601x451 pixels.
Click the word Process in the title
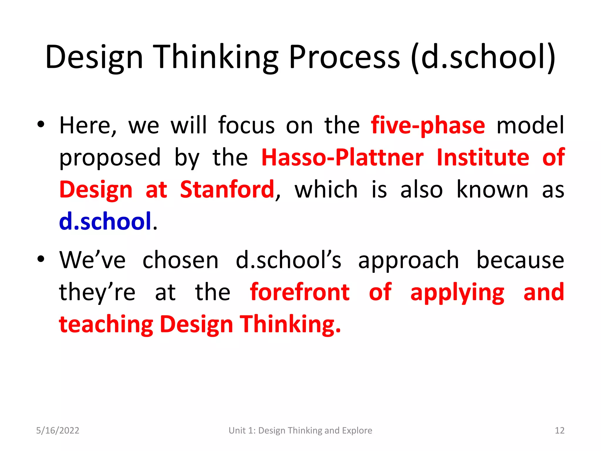click(344, 57)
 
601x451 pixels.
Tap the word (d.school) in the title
click(483, 57)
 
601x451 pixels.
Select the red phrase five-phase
click(428, 126)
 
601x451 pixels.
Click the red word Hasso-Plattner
click(342, 158)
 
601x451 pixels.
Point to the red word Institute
click(483, 158)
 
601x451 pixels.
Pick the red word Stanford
click(227, 190)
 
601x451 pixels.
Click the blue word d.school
click(105, 221)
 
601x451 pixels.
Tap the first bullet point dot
click(41, 124)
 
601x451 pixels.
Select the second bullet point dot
click(41, 259)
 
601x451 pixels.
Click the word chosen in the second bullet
click(180, 260)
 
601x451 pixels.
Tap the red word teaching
click(106, 325)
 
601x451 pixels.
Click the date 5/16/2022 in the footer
click(58, 430)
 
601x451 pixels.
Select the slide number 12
click(559, 430)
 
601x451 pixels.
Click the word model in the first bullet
click(530, 126)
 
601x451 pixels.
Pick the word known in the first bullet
click(492, 190)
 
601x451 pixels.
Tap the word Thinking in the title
click(216, 57)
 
